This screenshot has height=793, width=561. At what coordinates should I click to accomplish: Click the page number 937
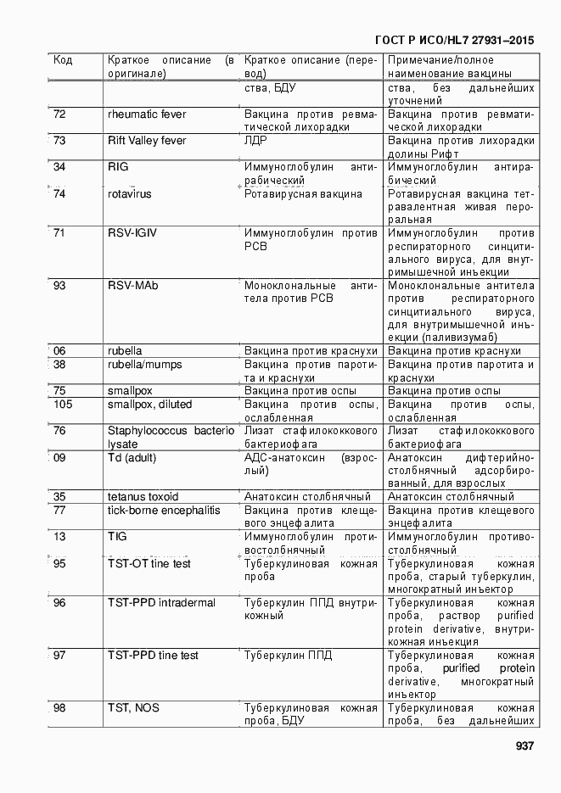(x=525, y=746)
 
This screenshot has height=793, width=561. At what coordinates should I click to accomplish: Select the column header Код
(x=63, y=60)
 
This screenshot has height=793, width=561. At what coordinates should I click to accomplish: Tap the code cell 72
(x=59, y=114)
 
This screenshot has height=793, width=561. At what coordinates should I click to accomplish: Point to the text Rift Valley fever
(x=147, y=141)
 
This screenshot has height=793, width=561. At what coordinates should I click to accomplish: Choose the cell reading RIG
(x=118, y=167)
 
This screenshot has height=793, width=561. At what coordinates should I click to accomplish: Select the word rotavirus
(x=130, y=193)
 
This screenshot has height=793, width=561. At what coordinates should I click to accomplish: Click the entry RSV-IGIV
(x=133, y=232)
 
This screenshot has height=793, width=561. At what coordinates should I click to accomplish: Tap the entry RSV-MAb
(x=132, y=285)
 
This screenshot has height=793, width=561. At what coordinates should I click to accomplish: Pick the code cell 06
(x=59, y=351)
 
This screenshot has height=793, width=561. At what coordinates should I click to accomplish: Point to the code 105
(x=63, y=404)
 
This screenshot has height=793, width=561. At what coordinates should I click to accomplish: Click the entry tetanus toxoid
(x=143, y=496)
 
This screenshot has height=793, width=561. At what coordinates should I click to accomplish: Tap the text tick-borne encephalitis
(x=164, y=510)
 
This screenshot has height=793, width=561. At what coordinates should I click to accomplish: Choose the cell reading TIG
(x=117, y=536)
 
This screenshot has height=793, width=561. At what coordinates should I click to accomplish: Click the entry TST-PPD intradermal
(x=161, y=603)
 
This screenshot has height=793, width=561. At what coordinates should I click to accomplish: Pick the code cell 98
(x=59, y=708)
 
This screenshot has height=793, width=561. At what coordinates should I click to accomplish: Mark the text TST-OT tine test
(x=149, y=563)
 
